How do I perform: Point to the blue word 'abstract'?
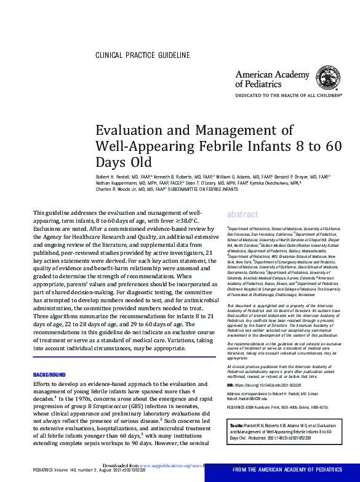point(242,214)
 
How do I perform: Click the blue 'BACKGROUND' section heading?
point(49,375)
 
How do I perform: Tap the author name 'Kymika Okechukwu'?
point(263,183)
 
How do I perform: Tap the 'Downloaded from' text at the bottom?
point(121,466)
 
